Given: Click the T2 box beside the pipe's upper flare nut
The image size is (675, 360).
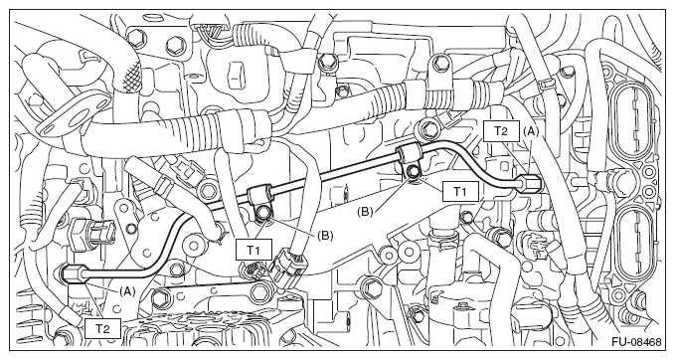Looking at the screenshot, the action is [x=500, y=130].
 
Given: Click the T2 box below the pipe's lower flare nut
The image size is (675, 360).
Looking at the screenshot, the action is [x=102, y=329].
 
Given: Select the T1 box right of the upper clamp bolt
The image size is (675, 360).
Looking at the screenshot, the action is [x=459, y=192].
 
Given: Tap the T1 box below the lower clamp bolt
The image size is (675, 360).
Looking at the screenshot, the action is [x=253, y=250].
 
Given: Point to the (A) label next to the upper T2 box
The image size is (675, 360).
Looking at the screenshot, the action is [x=531, y=132].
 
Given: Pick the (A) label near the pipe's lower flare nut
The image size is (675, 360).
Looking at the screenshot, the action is [x=126, y=291].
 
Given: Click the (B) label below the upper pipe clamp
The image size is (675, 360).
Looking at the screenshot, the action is [x=365, y=212].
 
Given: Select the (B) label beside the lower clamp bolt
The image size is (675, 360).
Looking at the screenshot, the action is [x=325, y=236].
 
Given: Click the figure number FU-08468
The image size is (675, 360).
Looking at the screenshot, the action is [x=636, y=342].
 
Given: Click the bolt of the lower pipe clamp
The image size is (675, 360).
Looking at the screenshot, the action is [x=262, y=212].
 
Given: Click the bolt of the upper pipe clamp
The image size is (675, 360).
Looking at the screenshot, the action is [x=414, y=171].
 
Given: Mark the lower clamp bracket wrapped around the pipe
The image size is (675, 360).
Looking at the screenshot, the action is [x=260, y=195].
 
